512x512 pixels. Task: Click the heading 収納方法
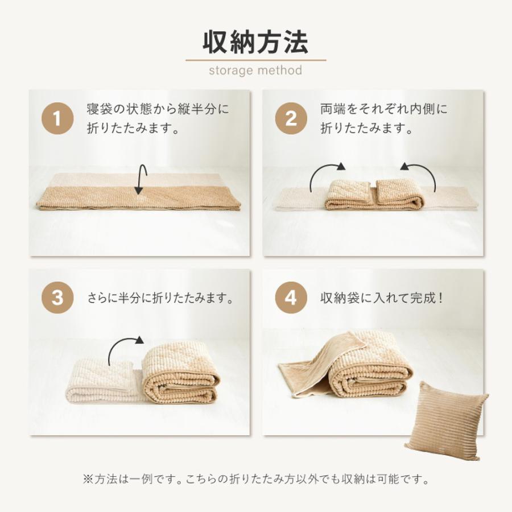[x=255, y=42]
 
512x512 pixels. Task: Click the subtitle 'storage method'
[x=255, y=71]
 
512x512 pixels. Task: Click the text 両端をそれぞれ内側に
[x=384, y=109]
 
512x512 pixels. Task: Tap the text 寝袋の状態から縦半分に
[x=158, y=109]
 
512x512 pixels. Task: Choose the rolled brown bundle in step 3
[x=179, y=378]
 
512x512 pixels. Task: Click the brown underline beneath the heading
[x=255, y=60]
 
